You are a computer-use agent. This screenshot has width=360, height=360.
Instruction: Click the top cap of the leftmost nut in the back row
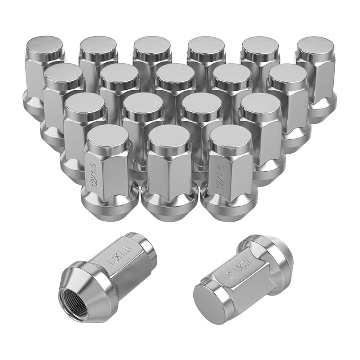pyautogui.click(x=45, y=46)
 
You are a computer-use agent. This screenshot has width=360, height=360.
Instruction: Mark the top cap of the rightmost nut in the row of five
pyautogui.click(x=287, y=74)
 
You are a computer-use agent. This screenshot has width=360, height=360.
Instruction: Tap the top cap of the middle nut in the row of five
pyautogui.click(x=175, y=75)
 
